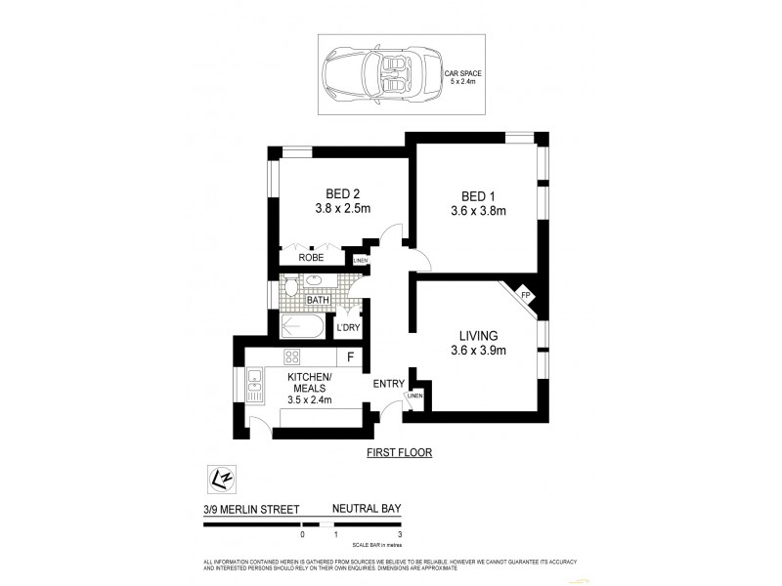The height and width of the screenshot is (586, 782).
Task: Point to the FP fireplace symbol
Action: [x=525, y=296]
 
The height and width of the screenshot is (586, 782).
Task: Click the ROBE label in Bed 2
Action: [x=311, y=258]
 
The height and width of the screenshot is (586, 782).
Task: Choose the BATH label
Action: [x=317, y=301]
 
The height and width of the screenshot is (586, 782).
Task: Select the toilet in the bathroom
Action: [x=291, y=286]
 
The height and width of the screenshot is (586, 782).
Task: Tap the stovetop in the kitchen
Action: [x=290, y=356]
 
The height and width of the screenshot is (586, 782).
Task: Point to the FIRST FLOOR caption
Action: [x=399, y=453]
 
